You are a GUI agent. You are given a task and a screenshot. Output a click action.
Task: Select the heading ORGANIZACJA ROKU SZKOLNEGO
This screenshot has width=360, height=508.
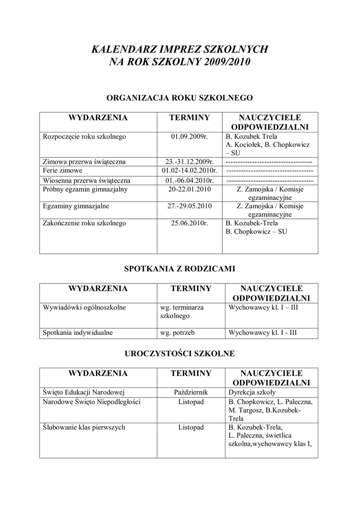(x=180, y=98)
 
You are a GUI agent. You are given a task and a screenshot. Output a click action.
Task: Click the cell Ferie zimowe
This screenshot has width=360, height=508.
(x=61, y=171)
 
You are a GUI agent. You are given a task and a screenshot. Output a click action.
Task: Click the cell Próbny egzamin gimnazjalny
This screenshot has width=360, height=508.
(x=85, y=189)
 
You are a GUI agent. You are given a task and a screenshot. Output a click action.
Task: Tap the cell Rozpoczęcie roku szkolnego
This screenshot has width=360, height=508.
(x=84, y=136)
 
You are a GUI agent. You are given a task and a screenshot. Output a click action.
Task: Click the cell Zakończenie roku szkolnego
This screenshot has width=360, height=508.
(x=84, y=223)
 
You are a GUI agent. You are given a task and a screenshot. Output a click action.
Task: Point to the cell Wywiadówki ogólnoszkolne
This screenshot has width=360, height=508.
(x=84, y=307)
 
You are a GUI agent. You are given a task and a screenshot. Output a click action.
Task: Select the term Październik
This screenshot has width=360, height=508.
(x=191, y=392)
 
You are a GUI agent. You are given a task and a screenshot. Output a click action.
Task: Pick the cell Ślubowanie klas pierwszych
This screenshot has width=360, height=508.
(x=84, y=427)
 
